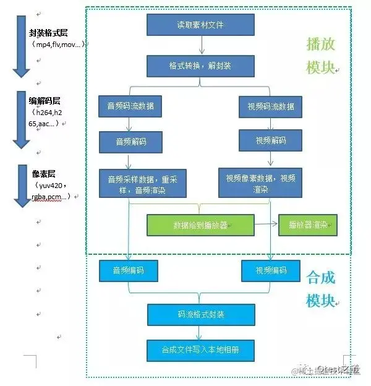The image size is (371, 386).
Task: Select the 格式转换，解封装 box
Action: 200,66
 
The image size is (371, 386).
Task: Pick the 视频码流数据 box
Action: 271,106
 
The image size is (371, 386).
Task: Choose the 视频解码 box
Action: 271,140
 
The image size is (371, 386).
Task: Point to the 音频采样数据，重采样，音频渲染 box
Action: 143,183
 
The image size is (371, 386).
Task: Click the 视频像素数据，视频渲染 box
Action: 260,183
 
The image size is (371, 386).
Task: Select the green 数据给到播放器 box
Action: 200,225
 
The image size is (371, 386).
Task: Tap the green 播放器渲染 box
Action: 308,225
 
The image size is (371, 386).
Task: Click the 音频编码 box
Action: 129,270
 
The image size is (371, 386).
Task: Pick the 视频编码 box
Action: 271,270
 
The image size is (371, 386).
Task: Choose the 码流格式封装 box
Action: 200,314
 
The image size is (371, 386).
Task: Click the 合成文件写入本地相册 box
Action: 200,350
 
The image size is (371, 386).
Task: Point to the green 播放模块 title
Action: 320,55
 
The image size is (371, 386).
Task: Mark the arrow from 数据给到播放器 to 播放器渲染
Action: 267,225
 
